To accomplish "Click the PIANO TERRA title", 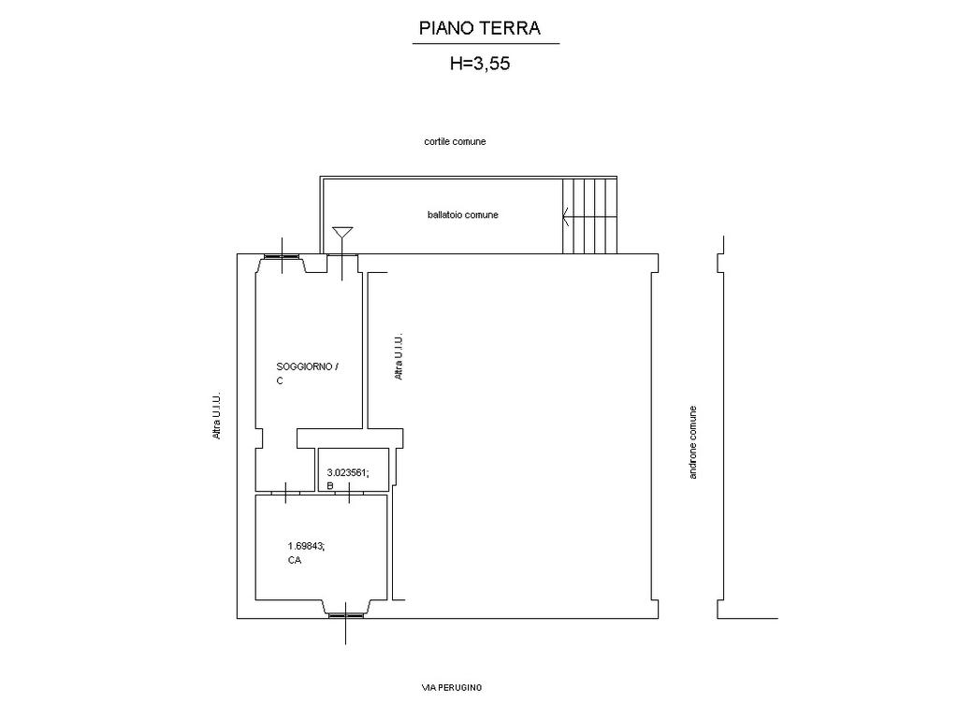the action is [480, 28].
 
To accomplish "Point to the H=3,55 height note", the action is [480, 64].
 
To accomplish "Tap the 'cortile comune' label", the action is [455, 142].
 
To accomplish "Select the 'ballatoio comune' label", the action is [462, 215].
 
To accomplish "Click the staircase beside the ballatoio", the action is [589, 215].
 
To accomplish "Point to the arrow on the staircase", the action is [566, 216].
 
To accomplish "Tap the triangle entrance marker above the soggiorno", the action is [342, 233].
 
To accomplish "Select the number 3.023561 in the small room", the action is [348, 472].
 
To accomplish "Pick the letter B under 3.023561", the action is [330, 486].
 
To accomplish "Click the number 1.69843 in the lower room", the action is [306, 546].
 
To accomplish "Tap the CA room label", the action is [294, 560].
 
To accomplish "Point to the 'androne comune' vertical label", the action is [693, 442].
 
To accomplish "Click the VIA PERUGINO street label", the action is [452, 687].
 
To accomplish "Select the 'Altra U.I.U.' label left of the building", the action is [216, 416].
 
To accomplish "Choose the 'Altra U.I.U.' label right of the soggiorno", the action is [399, 357].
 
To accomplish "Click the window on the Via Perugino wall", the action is [346, 616].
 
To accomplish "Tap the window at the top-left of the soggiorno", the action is [282, 256].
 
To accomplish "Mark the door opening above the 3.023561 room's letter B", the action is [349, 492].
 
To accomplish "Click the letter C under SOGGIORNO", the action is [280, 381].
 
